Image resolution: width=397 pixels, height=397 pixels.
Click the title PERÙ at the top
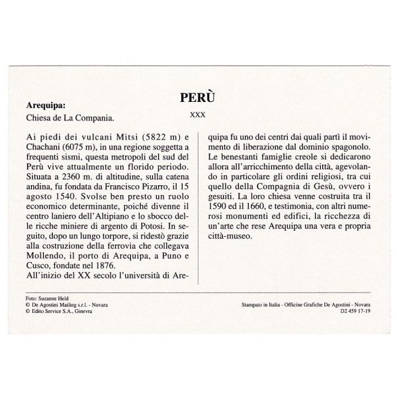198,97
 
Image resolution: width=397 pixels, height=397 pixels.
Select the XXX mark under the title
197,114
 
